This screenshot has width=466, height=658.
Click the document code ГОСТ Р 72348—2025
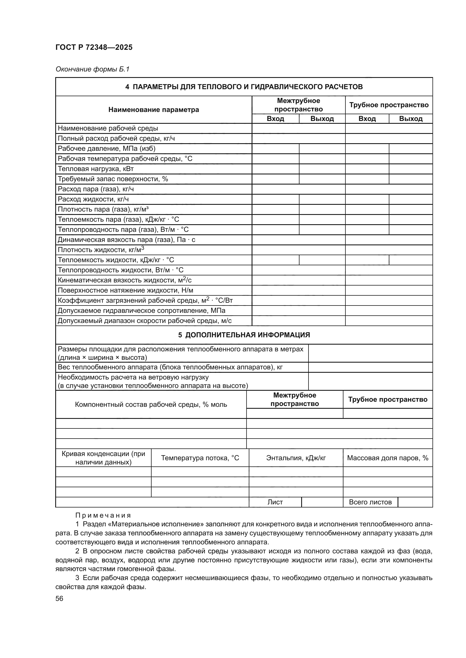coord(94,47)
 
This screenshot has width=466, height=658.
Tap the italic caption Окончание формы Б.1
coord(92,69)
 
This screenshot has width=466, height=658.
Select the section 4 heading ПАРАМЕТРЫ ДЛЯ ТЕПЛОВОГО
coord(244,87)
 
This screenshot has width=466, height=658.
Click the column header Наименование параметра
coord(154,109)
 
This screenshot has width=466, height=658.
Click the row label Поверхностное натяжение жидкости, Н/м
coord(125,290)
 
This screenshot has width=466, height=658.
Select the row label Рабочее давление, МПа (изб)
coord(106,149)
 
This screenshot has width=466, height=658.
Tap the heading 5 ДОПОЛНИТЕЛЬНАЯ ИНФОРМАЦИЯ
coord(244,335)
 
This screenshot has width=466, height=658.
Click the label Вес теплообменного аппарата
coord(170,367)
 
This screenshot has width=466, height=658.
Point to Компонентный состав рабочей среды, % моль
coord(151,404)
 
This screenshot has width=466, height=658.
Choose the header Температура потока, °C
coord(200,458)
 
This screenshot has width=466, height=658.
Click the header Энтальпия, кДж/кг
coord(296,458)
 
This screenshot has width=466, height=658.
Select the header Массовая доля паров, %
coord(388,458)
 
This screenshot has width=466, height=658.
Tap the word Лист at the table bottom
coord(275,502)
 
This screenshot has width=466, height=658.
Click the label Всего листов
coord(370,502)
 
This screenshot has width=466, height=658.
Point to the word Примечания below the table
coord(103,516)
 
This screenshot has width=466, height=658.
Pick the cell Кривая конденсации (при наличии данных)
coord(103,458)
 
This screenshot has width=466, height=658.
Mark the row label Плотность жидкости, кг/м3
coord(101,250)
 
